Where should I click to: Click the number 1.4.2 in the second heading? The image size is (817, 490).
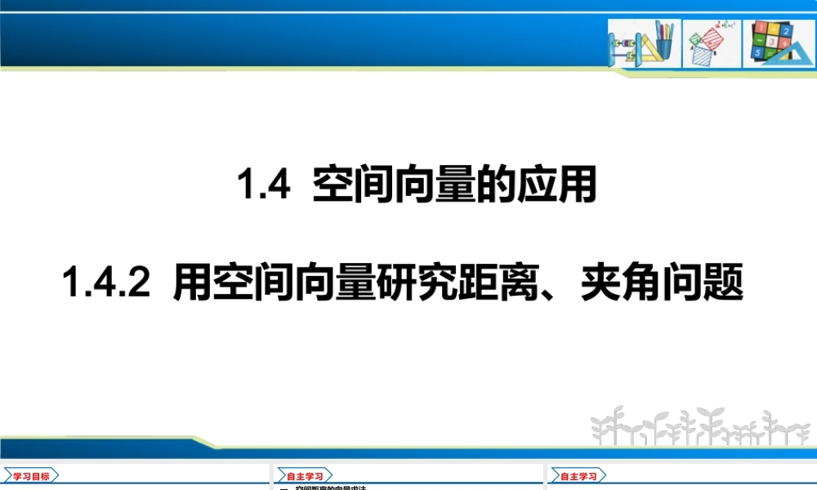click(x=106, y=286)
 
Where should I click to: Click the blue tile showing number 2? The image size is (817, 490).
click(x=785, y=30)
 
